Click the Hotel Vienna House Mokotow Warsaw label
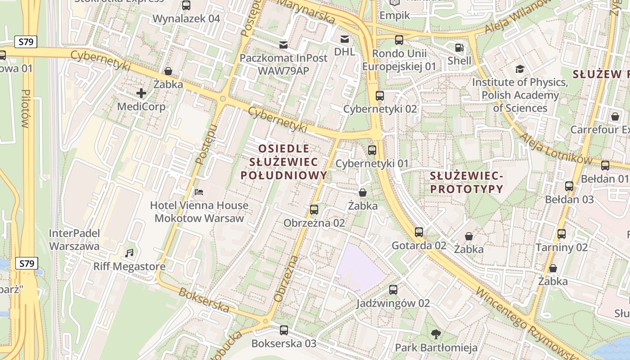point(199,212)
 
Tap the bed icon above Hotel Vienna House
point(199,192)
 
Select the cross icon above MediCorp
point(141,93)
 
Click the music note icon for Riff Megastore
point(130,253)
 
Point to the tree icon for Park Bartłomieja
point(436,334)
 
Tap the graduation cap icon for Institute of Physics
point(520,69)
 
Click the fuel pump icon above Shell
point(459,47)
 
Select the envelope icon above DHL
point(344,39)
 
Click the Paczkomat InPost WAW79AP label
point(277,64)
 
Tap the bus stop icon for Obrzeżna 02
point(314,210)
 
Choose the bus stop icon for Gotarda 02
point(419,232)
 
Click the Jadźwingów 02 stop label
point(393,303)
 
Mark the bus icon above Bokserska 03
point(283,330)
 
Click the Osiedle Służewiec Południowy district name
point(283,162)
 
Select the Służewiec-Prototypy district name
point(466,182)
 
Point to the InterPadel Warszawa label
point(74,239)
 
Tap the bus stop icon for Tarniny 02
point(561,234)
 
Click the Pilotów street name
point(25,108)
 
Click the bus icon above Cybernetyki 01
point(372,150)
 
